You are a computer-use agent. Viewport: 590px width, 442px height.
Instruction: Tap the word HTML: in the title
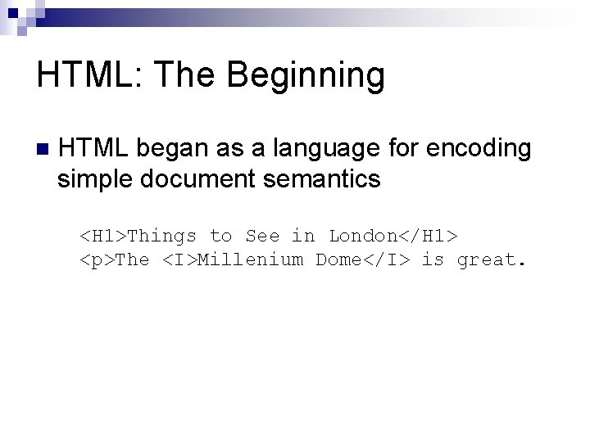click(89, 76)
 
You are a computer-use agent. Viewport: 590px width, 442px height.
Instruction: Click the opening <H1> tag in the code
click(102, 237)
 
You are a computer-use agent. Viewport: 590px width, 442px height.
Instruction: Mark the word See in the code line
click(262, 237)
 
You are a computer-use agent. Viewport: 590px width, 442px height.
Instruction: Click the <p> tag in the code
click(97, 260)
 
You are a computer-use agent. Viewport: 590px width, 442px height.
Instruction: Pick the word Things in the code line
click(162, 237)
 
